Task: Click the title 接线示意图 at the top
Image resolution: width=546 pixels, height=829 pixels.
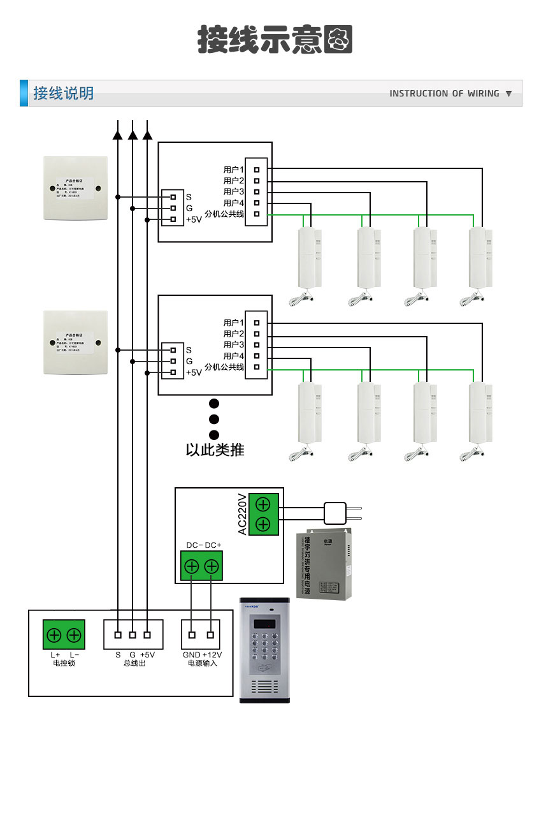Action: [x=275, y=40]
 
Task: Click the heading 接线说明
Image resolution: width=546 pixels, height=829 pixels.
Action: [x=64, y=94]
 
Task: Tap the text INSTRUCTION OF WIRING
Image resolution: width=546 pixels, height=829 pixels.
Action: [x=444, y=94]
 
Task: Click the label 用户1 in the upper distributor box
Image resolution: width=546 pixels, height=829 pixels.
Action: [x=234, y=170]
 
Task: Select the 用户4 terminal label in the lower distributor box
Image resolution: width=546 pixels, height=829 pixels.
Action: [x=234, y=356]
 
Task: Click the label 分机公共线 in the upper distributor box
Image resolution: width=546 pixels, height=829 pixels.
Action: [x=224, y=214]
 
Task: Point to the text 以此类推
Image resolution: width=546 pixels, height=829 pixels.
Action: [x=215, y=450]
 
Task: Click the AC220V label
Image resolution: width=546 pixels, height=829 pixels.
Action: [x=242, y=514]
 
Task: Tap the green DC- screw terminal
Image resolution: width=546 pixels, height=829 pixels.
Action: [x=191, y=566]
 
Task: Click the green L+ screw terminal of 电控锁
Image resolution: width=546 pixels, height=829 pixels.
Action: [x=54, y=635]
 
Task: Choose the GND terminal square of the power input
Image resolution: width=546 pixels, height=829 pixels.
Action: [x=192, y=635]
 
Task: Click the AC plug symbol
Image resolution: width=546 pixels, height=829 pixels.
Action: [x=336, y=513]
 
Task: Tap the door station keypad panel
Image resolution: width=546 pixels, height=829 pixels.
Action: [x=264, y=650]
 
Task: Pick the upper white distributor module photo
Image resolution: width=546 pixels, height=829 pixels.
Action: [x=75, y=188]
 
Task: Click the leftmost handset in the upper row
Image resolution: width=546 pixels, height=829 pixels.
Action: [x=310, y=261]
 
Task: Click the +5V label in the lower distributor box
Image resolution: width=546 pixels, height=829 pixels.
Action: [x=193, y=372]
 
